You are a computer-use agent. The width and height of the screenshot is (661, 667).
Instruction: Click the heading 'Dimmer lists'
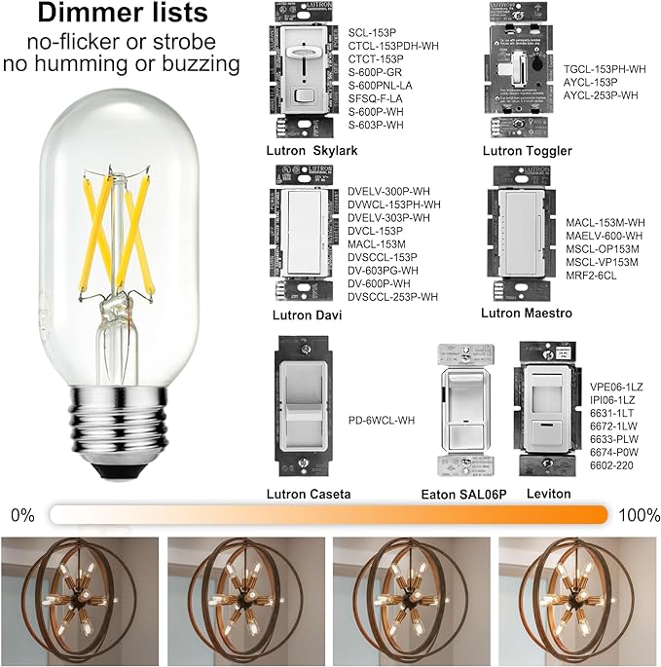(x=122, y=15)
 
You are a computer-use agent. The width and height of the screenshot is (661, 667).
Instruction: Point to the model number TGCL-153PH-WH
(x=605, y=69)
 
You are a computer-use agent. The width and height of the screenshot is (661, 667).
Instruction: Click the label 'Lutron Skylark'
(x=312, y=151)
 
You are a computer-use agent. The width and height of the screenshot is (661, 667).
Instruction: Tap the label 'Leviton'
(x=547, y=494)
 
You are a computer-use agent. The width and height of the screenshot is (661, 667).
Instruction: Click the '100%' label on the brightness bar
(x=637, y=514)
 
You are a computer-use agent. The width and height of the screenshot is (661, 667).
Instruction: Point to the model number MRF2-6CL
(x=591, y=276)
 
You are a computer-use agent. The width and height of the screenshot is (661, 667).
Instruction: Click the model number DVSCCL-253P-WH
(x=393, y=296)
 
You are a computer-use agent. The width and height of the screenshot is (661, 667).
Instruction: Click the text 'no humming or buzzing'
(x=122, y=64)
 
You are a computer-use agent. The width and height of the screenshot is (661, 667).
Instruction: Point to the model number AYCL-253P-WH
(x=601, y=94)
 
